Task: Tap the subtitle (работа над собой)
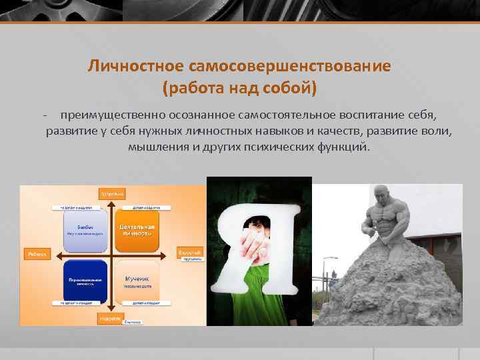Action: (240, 87)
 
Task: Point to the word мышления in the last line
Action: (159, 146)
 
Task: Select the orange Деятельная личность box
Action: (137, 231)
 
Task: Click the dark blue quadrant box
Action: (84, 280)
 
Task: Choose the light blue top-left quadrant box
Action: (84, 231)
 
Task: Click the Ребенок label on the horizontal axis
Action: (34, 254)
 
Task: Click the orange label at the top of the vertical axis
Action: (111, 194)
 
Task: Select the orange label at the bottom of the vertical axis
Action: (111, 319)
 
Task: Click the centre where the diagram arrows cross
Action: (111, 255)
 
